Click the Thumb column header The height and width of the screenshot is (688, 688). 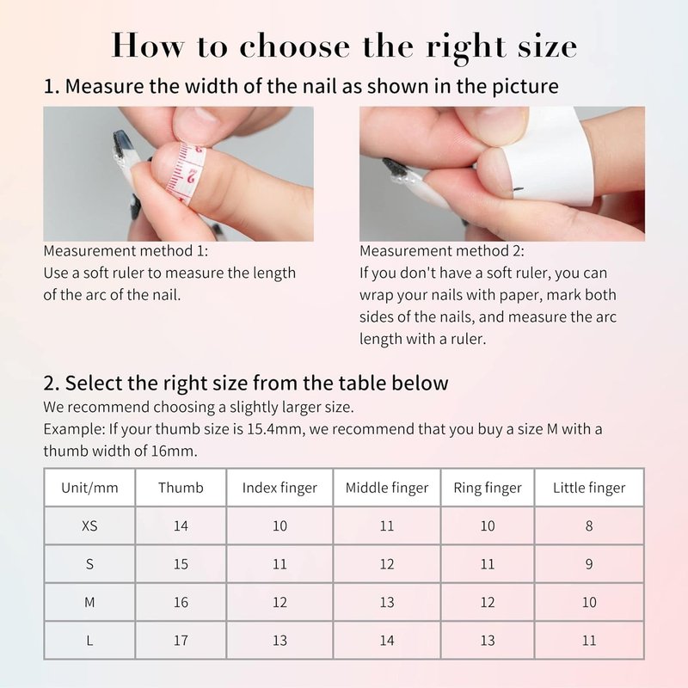click(x=181, y=488)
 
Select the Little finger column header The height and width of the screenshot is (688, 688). click(x=589, y=488)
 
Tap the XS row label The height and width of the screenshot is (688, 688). click(x=89, y=525)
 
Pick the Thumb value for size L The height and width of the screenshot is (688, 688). click(x=181, y=640)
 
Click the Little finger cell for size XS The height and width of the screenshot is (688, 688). click(x=589, y=525)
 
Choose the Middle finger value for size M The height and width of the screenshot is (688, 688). click(x=386, y=602)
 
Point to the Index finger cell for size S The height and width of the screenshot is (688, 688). click(x=279, y=564)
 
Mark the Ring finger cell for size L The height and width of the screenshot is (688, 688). click(x=488, y=640)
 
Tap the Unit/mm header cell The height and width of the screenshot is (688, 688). click(x=89, y=488)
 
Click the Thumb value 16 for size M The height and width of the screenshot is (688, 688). click(x=181, y=602)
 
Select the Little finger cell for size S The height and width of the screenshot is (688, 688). click(x=589, y=564)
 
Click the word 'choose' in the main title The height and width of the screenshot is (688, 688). click(x=295, y=46)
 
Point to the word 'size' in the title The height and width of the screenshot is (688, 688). click(x=547, y=46)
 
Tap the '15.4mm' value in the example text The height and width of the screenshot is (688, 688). click(x=274, y=428)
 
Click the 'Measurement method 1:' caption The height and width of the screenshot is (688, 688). click(x=126, y=251)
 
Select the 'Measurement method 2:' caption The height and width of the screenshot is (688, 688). click(x=442, y=251)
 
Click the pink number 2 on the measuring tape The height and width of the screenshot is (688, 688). click(x=192, y=177)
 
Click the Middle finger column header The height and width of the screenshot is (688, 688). click(x=386, y=488)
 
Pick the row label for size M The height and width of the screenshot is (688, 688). click(x=89, y=602)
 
